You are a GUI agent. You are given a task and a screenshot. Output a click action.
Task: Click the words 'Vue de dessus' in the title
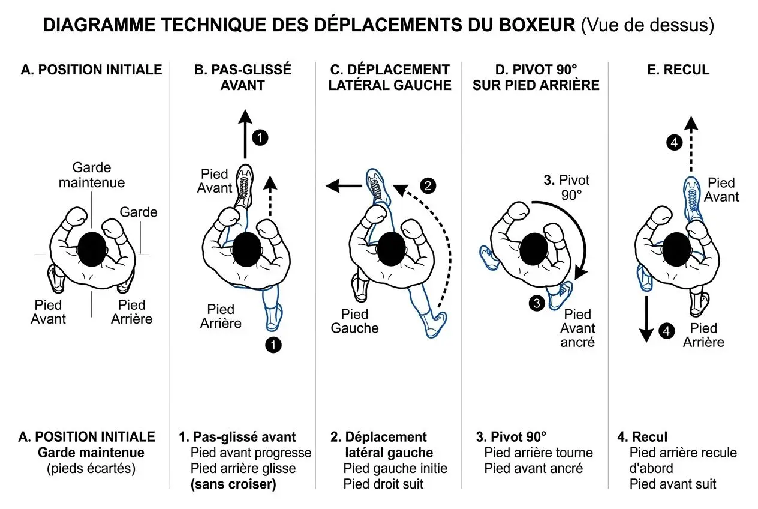point(648,26)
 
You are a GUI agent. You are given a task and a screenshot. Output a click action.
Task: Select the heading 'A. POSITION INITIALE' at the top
point(91,70)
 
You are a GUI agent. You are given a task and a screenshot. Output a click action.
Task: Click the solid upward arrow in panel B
point(244,135)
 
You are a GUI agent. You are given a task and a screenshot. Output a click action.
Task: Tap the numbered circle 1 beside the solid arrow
point(260,137)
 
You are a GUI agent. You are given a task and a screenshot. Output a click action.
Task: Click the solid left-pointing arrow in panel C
point(344,187)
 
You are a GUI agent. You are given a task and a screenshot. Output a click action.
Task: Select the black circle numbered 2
point(427,185)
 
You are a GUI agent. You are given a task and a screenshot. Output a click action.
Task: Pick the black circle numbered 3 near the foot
point(537,303)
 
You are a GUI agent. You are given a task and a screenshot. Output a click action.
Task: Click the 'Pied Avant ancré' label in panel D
point(578,328)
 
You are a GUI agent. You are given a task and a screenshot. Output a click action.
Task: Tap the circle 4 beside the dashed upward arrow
point(675,143)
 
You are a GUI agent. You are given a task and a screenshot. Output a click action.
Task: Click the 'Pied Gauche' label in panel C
point(355,321)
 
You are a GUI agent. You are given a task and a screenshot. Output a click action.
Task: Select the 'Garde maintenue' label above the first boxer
point(92,175)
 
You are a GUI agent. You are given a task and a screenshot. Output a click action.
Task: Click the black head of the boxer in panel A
point(92,248)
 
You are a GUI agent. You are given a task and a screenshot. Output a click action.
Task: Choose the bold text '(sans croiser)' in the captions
point(233,484)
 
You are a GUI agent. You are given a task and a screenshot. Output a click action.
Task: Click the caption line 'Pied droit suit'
point(383,484)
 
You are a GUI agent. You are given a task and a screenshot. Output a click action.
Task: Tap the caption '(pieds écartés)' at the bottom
point(91,468)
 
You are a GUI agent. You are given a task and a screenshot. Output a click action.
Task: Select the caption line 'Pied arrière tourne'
point(539,453)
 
